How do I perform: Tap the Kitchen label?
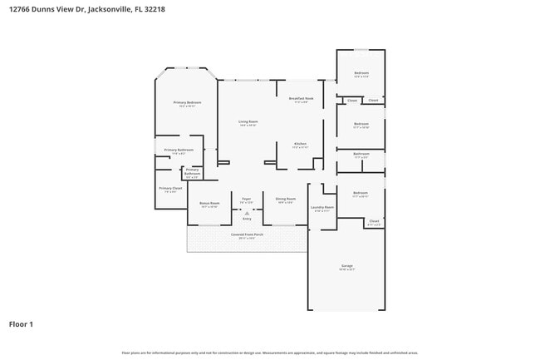300,144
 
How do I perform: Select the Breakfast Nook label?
302,98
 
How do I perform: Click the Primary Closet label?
170,188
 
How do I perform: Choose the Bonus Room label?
209,203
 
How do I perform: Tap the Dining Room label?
285,199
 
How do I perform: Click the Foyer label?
247,199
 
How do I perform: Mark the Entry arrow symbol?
247,213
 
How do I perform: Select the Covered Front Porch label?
247,234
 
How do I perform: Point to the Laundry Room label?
322,207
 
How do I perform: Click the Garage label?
346,266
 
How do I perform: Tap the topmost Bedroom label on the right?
361,73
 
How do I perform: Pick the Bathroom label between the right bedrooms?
361,153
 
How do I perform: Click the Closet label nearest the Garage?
374,221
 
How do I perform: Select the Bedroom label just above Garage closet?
361,193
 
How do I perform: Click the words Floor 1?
21,323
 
